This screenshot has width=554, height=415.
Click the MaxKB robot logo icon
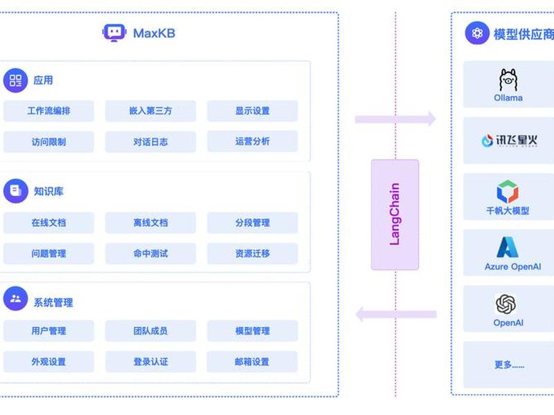114,33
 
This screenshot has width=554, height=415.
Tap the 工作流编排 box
48,111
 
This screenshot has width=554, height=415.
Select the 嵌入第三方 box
150,111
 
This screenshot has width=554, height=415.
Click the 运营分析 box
252,142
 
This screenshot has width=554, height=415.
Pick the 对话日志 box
150,142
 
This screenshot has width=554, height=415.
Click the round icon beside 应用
15,80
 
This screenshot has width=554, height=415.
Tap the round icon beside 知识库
15,191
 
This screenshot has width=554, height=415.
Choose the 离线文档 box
150,223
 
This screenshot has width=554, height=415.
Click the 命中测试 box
150,253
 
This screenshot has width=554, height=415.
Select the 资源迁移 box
252,253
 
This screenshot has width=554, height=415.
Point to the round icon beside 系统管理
15,299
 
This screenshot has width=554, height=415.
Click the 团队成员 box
150,331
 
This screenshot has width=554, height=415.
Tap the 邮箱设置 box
252,362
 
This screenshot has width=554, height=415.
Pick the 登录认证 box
150,362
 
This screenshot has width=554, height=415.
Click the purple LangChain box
395,214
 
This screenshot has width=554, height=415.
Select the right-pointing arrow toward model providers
395,119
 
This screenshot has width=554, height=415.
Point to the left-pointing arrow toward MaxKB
396,314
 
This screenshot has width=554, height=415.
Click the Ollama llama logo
508,80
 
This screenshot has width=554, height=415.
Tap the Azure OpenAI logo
508,247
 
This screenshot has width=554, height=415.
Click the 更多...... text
509,365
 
